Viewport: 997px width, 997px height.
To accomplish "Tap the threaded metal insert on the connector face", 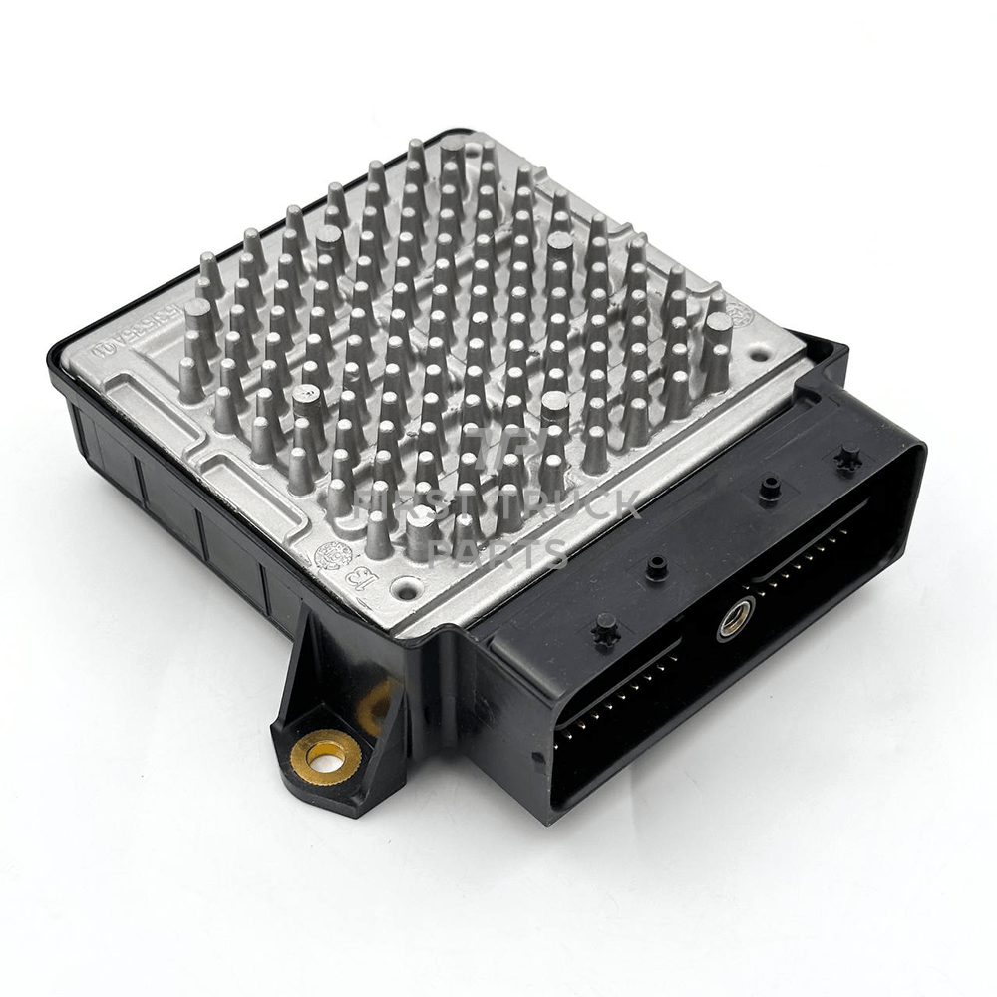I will point(736,618).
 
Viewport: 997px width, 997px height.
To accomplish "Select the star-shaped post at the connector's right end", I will point(848,459).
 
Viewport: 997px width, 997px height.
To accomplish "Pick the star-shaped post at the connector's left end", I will point(605,630).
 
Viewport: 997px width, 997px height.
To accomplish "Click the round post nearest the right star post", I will point(769,490).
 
